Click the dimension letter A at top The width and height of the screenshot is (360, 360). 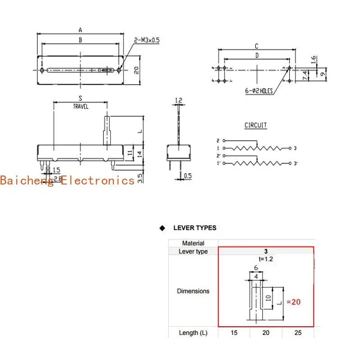point(80,30)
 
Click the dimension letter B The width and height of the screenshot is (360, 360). point(80,40)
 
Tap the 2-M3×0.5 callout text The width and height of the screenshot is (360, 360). point(147,40)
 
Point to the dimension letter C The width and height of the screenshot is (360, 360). point(256,46)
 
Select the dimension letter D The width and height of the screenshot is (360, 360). point(256,55)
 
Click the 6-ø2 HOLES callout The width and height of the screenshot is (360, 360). point(259,91)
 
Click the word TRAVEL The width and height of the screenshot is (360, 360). point(81,107)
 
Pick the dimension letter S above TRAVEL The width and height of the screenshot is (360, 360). point(80,98)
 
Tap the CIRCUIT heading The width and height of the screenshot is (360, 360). point(256,126)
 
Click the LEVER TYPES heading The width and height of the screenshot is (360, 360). point(195,228)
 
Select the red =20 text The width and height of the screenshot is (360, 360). point(293,302)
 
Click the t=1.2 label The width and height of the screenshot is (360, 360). point(265,259)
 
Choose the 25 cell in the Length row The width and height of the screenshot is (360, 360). point(298,333)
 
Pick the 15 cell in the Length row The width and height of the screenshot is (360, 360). point(234,333)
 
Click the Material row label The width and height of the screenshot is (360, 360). point(193,243)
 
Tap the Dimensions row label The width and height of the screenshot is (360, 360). point(193,291)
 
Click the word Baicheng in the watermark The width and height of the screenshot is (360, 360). point(27,180)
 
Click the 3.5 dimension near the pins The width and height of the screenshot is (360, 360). point(140,178)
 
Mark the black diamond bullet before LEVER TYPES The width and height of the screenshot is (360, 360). point(162,228)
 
